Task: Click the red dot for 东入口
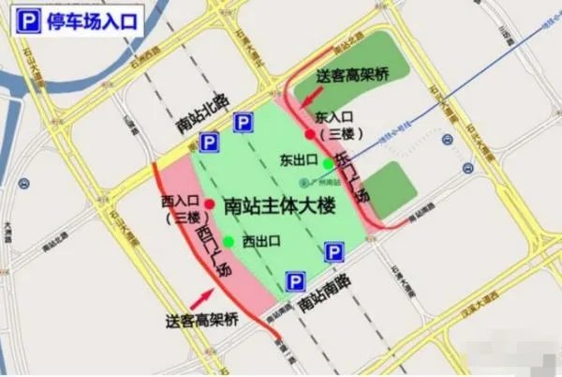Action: point(310,134)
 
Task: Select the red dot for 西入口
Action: point(210,204)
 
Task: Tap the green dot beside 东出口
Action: point(327,164)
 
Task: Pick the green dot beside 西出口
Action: point(229,242)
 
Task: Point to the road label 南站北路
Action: point(201,113)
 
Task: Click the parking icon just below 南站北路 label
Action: point(243,122)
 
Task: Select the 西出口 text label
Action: point(262,242)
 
